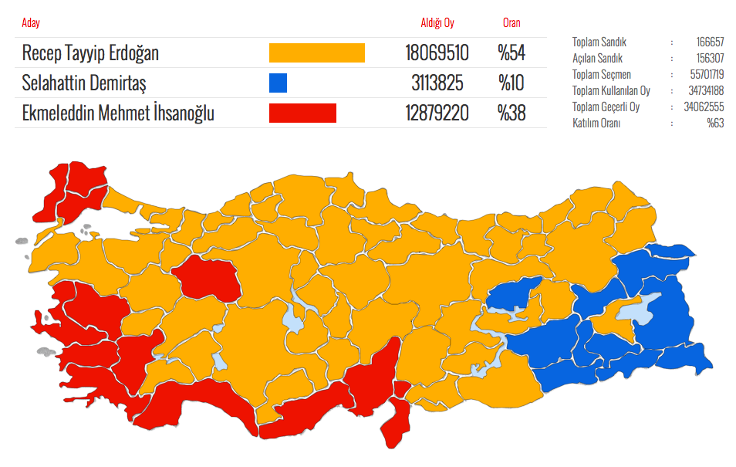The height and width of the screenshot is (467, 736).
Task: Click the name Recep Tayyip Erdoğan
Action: point(90,53)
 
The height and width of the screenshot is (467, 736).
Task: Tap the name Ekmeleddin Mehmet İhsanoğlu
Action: point(118,113)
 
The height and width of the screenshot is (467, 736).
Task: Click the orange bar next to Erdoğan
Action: point(316,53)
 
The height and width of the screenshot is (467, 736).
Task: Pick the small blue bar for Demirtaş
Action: point(278,83)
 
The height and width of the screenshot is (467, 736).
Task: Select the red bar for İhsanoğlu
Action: point(302,113)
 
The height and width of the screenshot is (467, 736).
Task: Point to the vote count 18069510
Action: point(437,53)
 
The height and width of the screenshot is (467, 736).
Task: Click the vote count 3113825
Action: point(437,83)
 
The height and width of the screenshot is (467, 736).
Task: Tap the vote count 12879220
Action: point(437,113)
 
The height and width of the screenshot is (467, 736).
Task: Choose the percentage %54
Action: point(511,53)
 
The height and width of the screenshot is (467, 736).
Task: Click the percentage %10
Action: point(511,83)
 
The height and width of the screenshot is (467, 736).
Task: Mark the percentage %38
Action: point(511,113)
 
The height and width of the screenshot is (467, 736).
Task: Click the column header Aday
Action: point(31,23)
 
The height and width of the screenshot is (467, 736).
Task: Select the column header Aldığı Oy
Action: point(437,23)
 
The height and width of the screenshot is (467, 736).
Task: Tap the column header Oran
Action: point(511,23)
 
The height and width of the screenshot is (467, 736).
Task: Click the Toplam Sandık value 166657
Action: point(707,42)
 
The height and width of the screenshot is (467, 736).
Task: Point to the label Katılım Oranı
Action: point(597,124)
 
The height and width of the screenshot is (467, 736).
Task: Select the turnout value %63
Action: point(715,124)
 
